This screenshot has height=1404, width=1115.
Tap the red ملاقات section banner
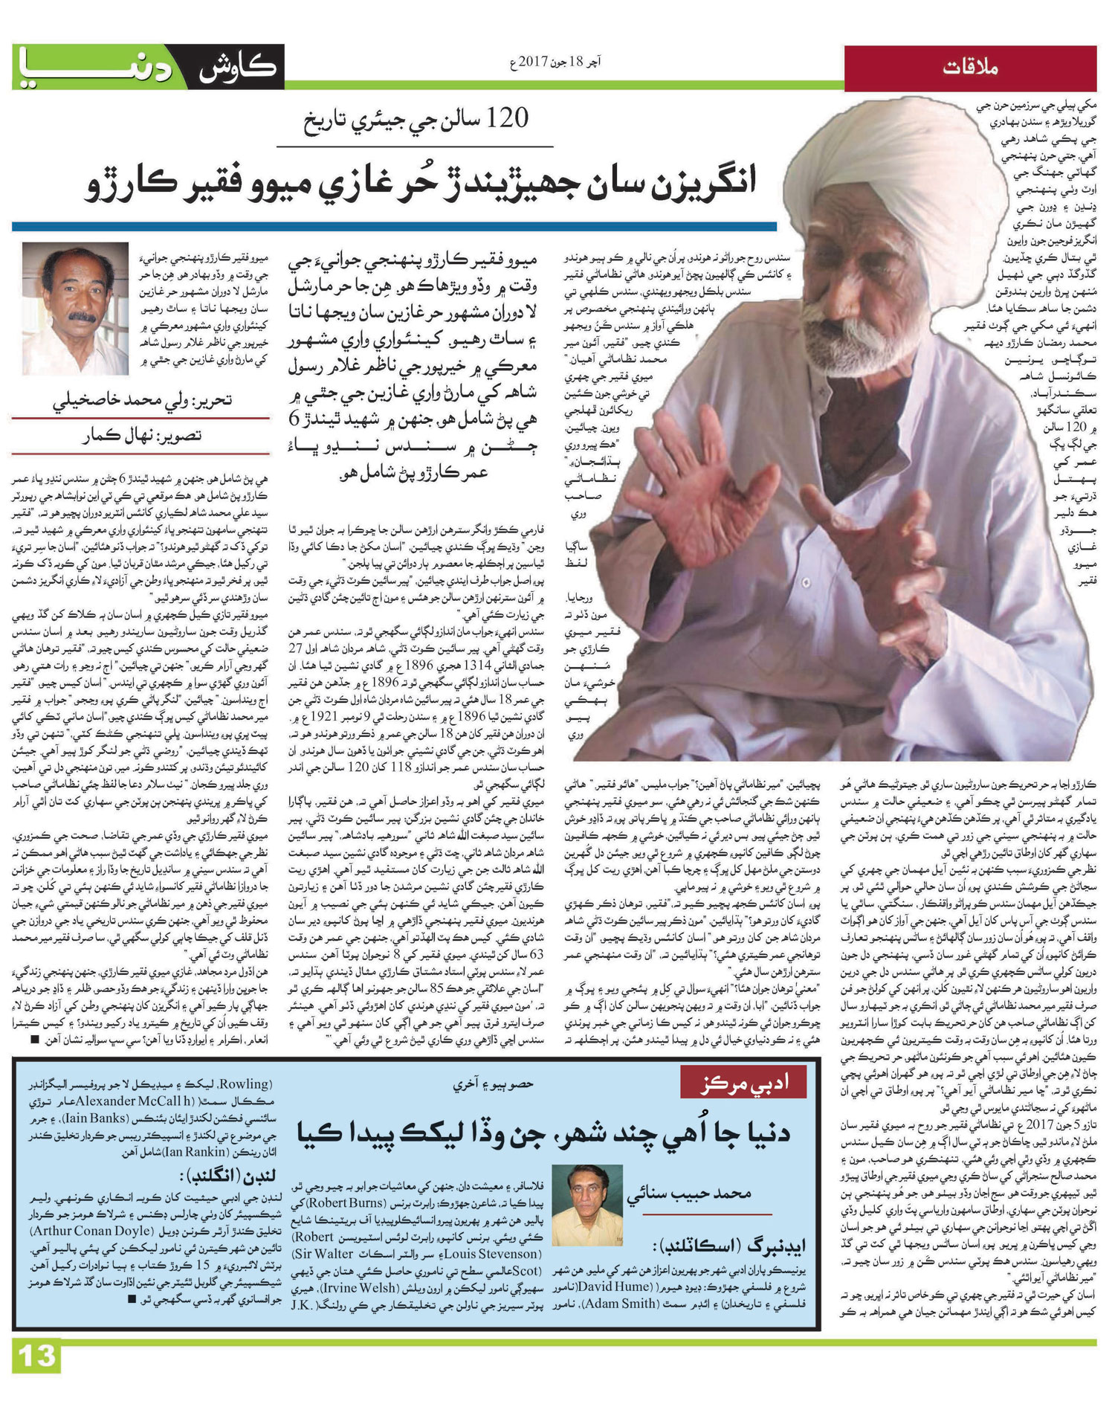point(970,68)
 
